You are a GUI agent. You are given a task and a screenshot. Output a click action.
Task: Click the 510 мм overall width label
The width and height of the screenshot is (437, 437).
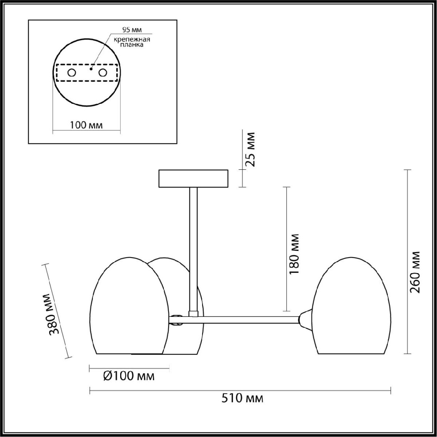tap(242, 398)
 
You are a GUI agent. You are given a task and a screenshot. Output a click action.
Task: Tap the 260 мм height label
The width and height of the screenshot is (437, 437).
tap(415, 272)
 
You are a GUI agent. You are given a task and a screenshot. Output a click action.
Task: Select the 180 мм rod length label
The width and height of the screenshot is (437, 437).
tap(294, 254)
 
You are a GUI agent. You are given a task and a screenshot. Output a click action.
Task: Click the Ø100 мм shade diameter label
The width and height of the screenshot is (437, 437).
tap(129, 376)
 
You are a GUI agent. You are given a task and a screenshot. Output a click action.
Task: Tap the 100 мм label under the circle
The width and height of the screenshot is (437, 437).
tap(86, 125)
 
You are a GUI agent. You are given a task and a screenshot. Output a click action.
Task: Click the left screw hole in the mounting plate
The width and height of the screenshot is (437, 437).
tap(71, 72)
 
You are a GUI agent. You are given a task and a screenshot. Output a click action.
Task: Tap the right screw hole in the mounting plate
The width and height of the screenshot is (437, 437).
tap(103, 72)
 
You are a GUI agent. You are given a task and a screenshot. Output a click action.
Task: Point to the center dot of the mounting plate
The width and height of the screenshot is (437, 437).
tap(91, 68)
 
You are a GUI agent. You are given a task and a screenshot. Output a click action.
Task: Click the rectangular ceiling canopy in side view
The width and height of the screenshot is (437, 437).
tap(193, 178)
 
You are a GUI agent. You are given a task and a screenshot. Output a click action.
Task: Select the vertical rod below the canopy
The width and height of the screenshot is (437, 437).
tap(193, 248)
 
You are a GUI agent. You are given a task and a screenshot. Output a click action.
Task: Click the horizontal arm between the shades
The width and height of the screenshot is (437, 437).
tap(248, 320)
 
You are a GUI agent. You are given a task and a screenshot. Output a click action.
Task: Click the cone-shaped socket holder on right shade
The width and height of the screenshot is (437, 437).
tap(305, 319)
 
